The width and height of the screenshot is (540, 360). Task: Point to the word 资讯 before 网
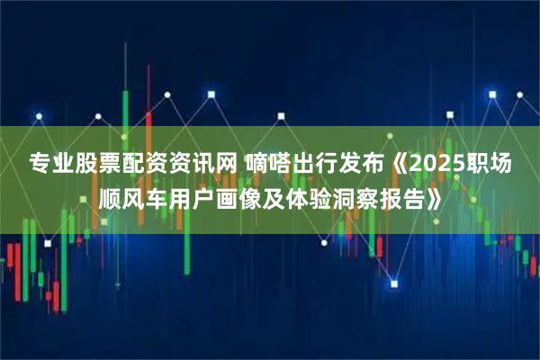click(184, 164)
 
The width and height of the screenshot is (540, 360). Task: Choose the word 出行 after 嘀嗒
click(310, 164)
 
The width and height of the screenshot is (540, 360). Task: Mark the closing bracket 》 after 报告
click(432, 196)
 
